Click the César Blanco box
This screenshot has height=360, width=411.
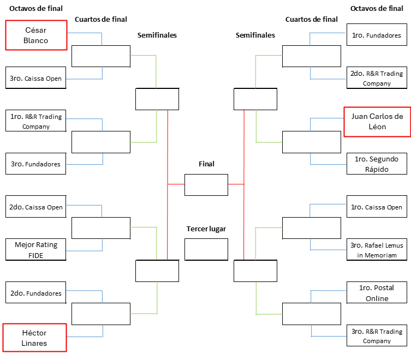click(x=36, y=35)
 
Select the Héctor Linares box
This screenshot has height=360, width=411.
click(x=35, y=338)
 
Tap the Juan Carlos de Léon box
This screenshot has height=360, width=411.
click(x=377, y=121)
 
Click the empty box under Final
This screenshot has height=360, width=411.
click(x=206, y=184)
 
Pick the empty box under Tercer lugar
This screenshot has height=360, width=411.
click(x=206, y=249)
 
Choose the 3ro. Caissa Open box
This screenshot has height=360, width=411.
click(x=35, y=79)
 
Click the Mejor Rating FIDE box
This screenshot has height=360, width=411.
click(x=35, y=250)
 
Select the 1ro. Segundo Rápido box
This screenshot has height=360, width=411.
click(x=377, y=164)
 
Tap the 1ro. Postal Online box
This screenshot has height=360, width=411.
click(x=377, y=293)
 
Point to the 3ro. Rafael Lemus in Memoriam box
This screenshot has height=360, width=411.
click(x=377, y=250)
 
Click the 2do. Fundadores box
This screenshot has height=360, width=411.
click(x=35, y=293)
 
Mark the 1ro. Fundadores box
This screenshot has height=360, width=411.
click(x=377, y=35)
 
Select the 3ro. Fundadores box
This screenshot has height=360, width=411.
click(x=35, y=164)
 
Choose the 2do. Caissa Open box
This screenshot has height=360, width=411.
click(x=35, y=207)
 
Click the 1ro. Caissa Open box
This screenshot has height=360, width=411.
click(x=377, y=207)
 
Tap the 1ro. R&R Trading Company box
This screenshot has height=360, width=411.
click(x=35, y=121)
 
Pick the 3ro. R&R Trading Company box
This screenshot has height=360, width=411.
click(x=377, y=335)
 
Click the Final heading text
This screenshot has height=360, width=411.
click(x=206, y=164)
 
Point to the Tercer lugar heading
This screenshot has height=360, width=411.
click(x=206, y=229)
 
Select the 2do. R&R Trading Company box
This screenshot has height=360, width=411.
click(x=377, y=78)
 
